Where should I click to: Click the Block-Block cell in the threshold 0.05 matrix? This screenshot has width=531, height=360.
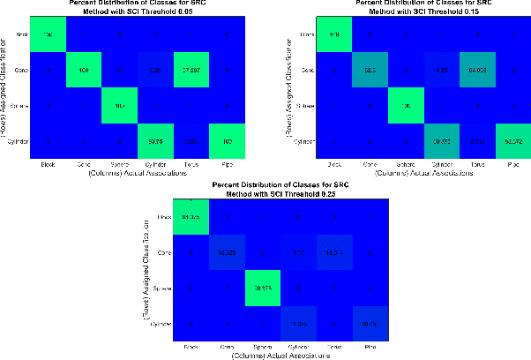click(48, 34)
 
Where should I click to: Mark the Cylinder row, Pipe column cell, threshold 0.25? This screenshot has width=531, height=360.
click(370, 324)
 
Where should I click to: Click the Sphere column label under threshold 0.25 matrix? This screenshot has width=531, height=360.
click(260, 348)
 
